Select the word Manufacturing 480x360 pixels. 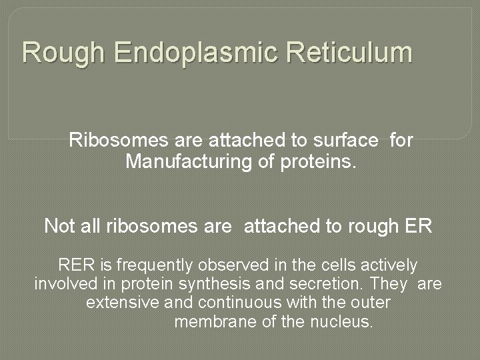[x=193, y=161]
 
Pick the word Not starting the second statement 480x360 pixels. [x=58, y=226]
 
